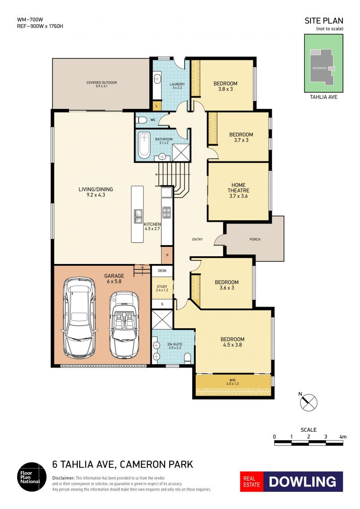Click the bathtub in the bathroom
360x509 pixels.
(144, 144)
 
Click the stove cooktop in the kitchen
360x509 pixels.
(166, 212)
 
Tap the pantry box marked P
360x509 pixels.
(167, 255)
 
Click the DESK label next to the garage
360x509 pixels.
(162, 271)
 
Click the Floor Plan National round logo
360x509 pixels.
(32, 477)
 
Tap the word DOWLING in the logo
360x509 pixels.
(302, 482)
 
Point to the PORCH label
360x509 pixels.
(255, 239)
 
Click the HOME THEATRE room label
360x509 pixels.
(238, 188)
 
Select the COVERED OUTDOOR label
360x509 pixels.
(102, 82)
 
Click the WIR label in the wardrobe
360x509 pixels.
(232, 380)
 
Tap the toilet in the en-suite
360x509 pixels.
(188, 358)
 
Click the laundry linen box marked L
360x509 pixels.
(157, 106)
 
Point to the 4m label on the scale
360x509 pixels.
(343, 437)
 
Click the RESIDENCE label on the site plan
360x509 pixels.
(319, 68)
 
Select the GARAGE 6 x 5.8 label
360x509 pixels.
(114, 278)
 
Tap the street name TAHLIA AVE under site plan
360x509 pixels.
(324, 97)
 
